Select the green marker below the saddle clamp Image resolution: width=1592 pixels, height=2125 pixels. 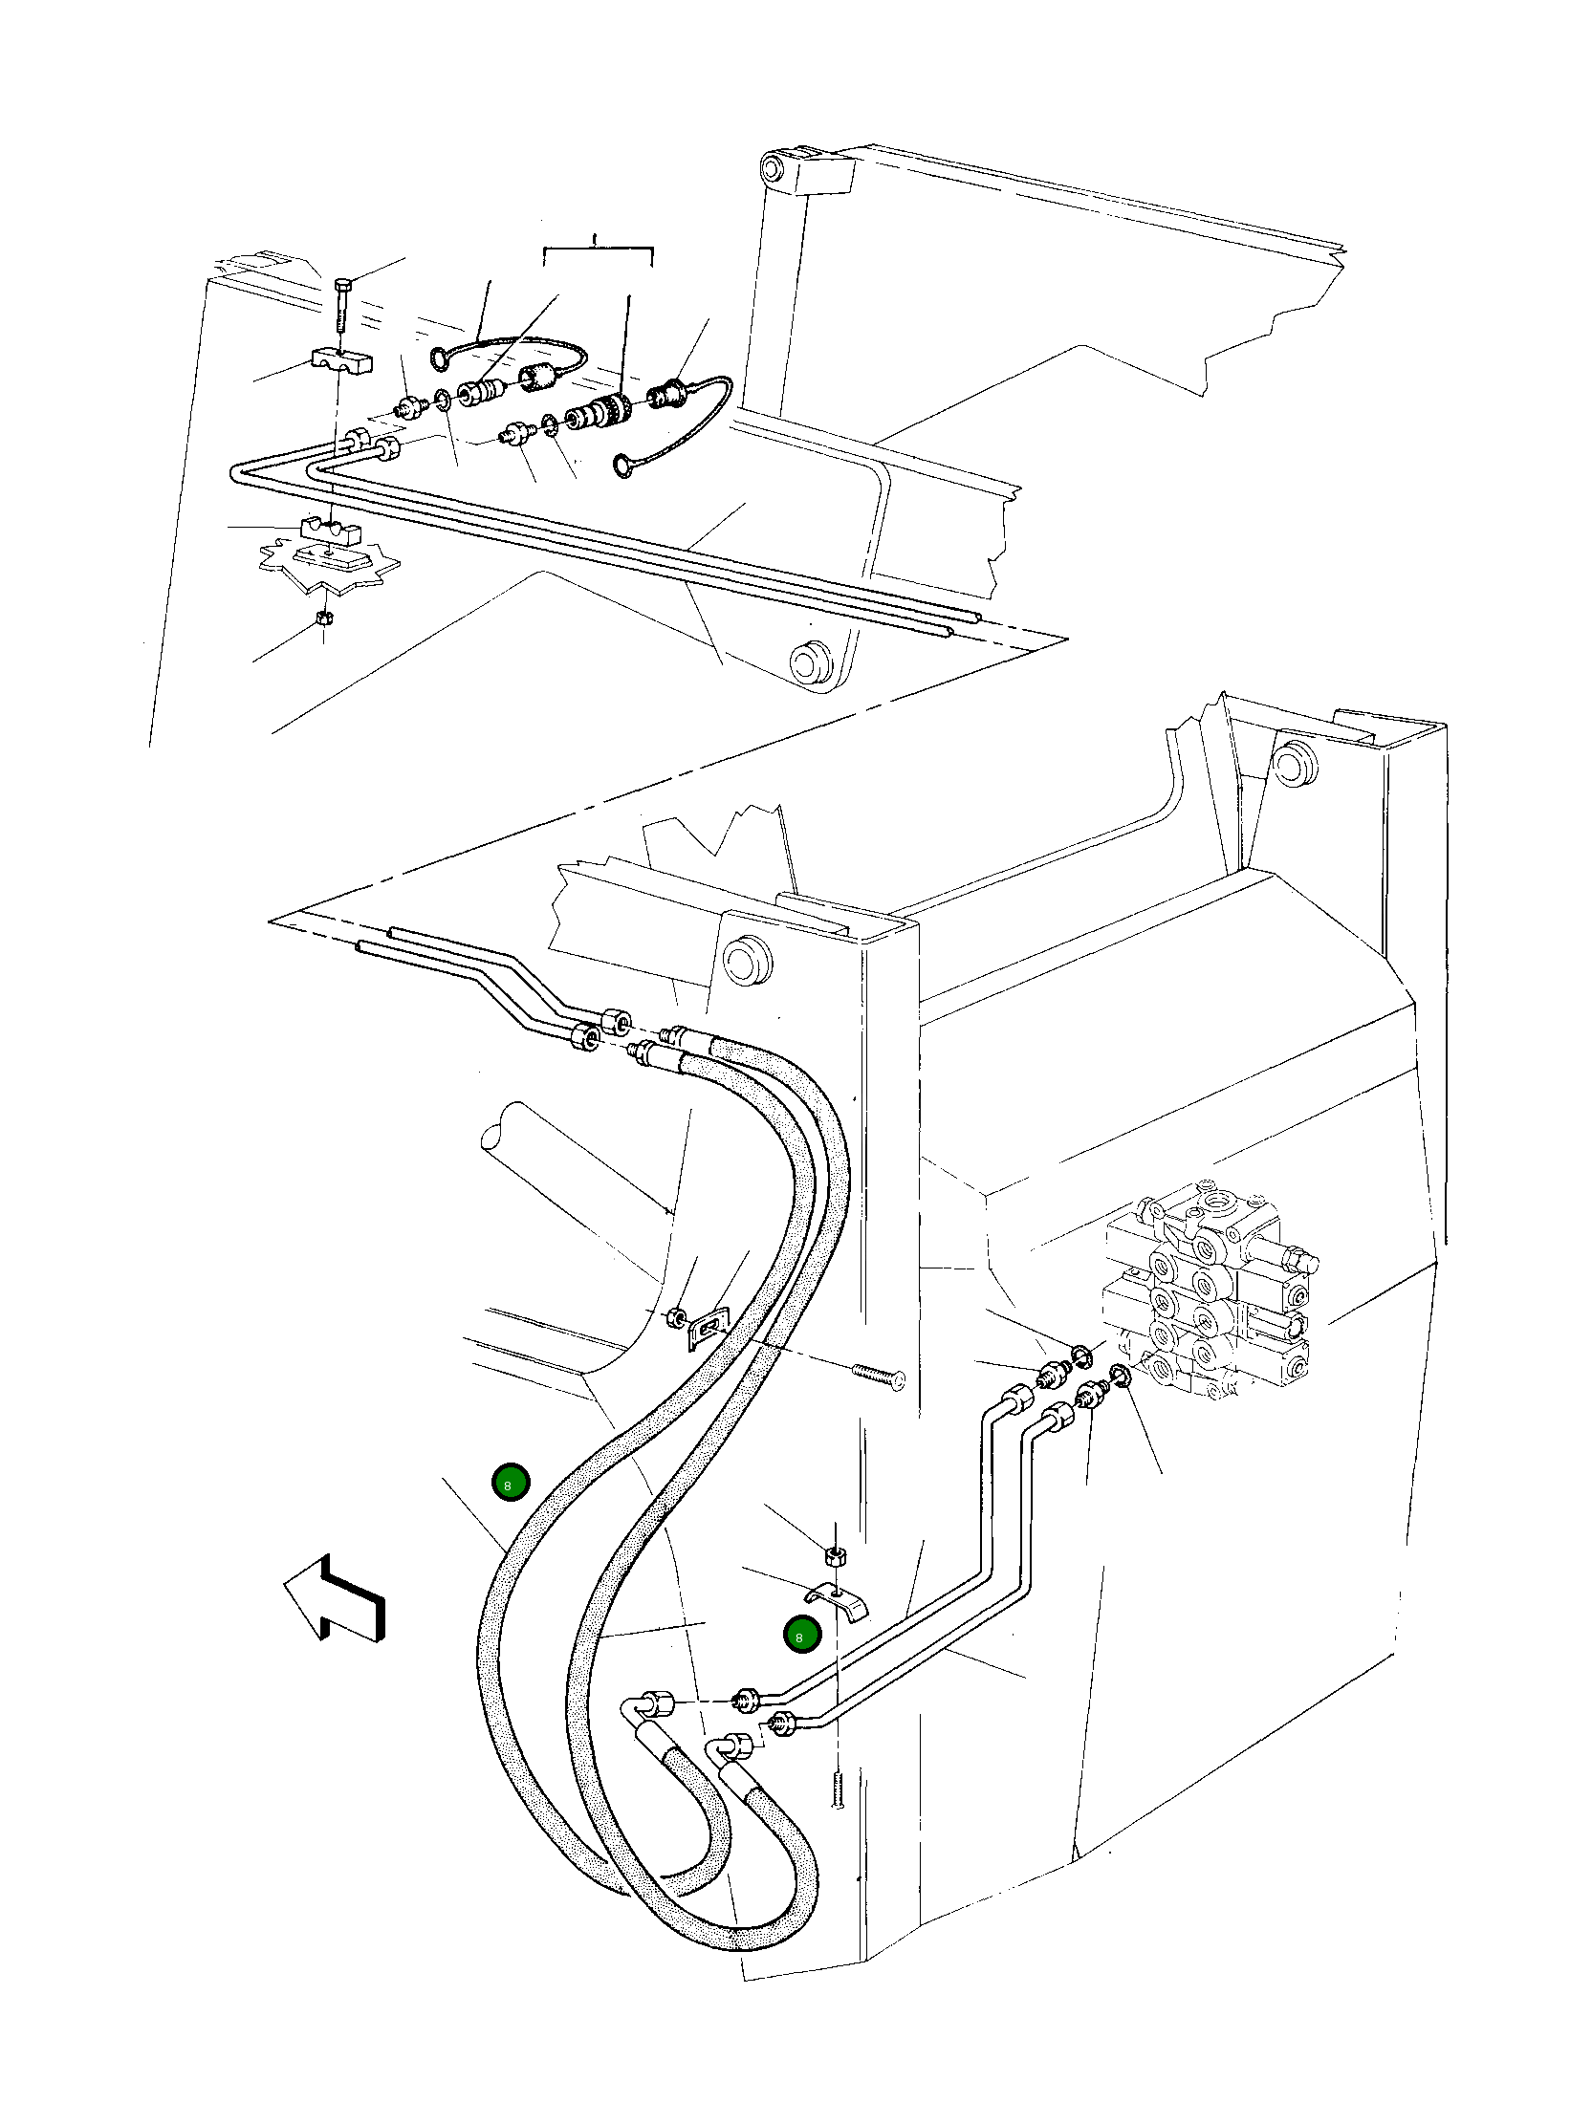801,1634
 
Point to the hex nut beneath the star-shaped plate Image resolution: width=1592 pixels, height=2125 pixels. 324,617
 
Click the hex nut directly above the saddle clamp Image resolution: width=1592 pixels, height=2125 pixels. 834,1554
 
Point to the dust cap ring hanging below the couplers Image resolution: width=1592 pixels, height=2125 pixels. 625,467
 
